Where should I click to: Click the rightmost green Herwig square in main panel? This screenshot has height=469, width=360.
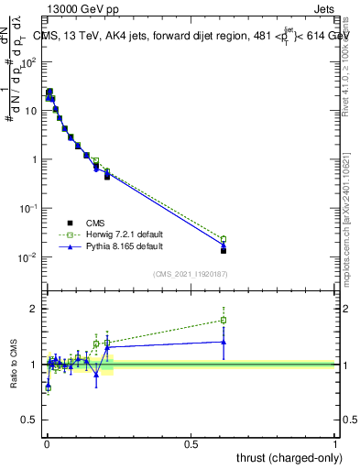click(x=224, y=239)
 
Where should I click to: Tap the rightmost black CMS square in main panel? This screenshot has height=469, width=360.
click(x=224, y=250)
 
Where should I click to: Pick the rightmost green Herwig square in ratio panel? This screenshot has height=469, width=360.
click(x=224, y=320)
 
